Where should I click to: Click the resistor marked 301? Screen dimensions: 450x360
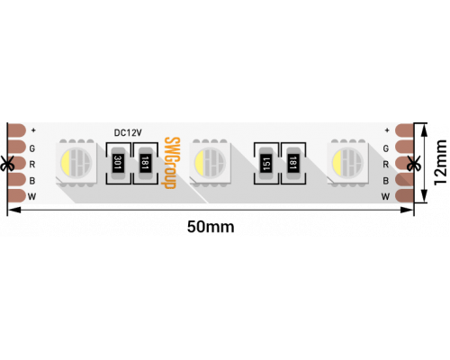click(x=118, y=163)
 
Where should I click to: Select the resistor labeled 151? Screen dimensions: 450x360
click(x=266, y=163)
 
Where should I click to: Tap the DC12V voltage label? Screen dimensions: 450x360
click(x=128, y=132)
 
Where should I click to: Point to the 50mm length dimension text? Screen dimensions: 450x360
click(x=211, y=227)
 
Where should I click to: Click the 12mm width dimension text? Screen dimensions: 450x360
click(x=441, y=163)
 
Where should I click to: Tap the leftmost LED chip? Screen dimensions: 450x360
click(x=76, y=163)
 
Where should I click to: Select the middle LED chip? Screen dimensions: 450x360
click(x=210, y=163)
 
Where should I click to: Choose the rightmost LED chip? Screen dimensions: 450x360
click(x=348, y=163)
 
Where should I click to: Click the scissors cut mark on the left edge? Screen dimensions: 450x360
click(x=6, y=164)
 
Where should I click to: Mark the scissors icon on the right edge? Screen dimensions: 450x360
click(x=414, y=164)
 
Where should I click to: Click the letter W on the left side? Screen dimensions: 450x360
click(x=31, y=197)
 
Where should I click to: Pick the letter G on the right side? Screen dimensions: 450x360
click(x=386, y=148)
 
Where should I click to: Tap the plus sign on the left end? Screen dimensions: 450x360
click(x=33, y=130)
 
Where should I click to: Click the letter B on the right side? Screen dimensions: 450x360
click(x=386, y=181)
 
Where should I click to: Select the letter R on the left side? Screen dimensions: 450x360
click(x=32, y=165)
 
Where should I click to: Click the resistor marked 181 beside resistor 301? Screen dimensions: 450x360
click(x=145, y=163)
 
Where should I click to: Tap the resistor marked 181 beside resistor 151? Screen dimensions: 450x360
click(x=293, y=163)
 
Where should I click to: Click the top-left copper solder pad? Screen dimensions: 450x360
click(x=16, y=130)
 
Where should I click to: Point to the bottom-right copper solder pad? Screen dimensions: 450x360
click(x=404, y=196)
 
